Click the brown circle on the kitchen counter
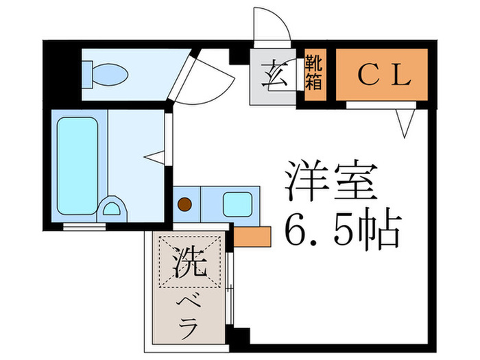click(x=184, y=204)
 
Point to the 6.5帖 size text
click(x=341, y=231)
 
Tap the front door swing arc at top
click(x=269, y=27)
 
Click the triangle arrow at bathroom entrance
click(x=156, y=157)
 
